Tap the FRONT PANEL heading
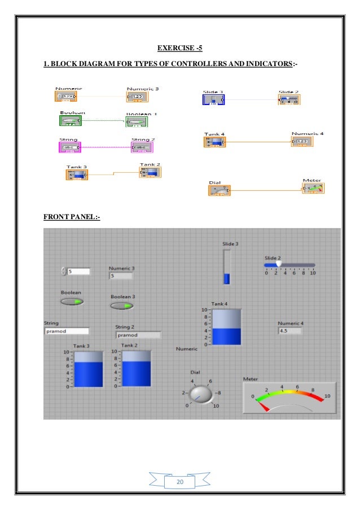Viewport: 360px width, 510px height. pos(72,215)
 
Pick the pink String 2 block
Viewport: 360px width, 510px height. pos(142,147)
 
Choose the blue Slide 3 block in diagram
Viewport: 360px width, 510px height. pos(213,100)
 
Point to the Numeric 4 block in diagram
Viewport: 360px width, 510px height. pos(301,141)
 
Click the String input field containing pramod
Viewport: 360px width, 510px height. pos(67,331)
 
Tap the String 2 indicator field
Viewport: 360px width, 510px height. pos(138,334)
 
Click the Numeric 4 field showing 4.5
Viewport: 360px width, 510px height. pos(289,331)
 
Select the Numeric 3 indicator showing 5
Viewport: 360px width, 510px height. pos(121,276)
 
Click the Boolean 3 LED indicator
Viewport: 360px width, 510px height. pos(121,306)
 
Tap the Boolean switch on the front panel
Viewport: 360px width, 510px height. pos(72,301)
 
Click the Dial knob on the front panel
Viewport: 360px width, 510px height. pos(202,394)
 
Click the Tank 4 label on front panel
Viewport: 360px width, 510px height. pos(219,304)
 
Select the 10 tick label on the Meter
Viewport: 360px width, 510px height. pos(327,396)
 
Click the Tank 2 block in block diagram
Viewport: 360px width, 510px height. pos(151,172)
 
